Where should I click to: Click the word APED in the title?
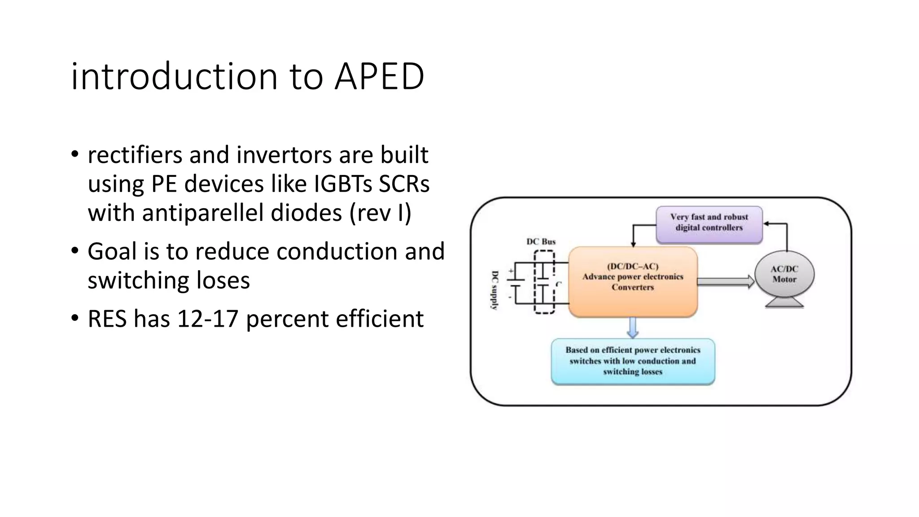click(x=379, y=76)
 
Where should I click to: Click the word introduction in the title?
click(x=174, y=76)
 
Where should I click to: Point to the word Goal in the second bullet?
click(x=112, y=251)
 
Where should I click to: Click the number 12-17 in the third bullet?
click(x=207, y=319)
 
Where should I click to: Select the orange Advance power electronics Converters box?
click(x=633, y=282)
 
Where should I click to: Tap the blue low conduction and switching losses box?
click(x=633, y=361)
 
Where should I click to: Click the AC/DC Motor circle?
click(x=784, y=274)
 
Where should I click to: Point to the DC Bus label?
click(x=541, y=241)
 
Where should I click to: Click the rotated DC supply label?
click(x=495, y=290)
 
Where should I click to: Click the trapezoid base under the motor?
click(x=784, y=303)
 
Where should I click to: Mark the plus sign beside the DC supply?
click(x=511, y=271)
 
